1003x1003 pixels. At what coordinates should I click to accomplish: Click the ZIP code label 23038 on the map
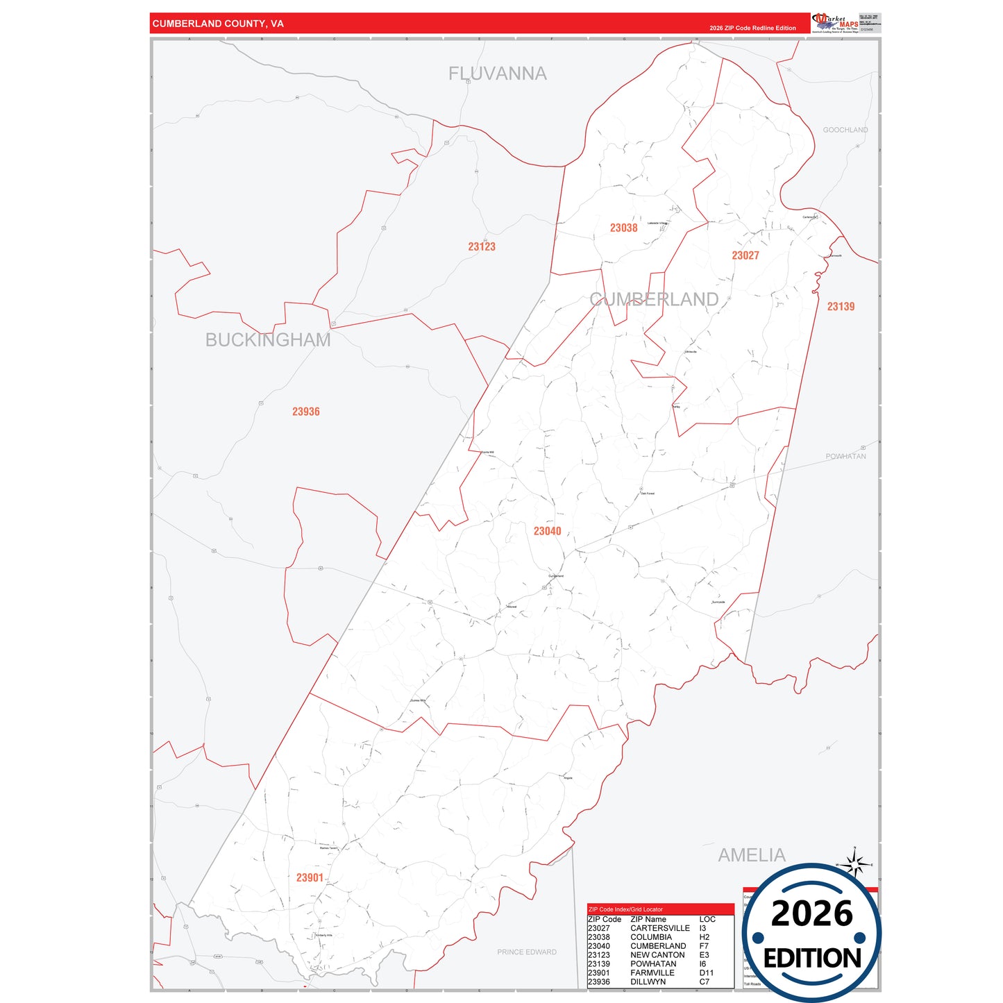pos(623,228)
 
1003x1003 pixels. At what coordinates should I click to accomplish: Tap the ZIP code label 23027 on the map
pos(745,255)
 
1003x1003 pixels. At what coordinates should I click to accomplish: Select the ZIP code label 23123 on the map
pos(481,246)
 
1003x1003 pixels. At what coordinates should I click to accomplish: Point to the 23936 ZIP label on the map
pos(305,412)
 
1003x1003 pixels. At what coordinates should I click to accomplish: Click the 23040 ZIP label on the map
pos(547,531)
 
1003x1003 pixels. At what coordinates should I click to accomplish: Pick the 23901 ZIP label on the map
pos(310,877)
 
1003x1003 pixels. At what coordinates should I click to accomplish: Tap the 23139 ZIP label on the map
pos(841,306)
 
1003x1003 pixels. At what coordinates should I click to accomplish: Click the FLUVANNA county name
pos(497,74)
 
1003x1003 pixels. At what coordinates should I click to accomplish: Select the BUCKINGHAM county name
pos(268,339)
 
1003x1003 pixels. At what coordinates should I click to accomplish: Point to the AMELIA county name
pos(752,854)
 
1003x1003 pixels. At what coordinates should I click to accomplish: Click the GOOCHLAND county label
pos(845,130)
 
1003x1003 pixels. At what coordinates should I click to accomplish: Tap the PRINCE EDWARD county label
pos(526,952)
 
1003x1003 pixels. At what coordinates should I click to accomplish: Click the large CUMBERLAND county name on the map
pos(654,299)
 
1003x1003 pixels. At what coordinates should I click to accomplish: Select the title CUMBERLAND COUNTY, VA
pos(218,24)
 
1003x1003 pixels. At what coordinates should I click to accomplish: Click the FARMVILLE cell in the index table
pos(652,972)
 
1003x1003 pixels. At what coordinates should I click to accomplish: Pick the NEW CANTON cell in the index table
pos(657,954)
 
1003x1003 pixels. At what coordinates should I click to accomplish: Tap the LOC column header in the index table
pos(707,919)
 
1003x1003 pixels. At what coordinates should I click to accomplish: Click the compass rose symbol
pos(855,864)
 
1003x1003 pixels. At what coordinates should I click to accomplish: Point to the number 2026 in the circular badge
pos(811,913)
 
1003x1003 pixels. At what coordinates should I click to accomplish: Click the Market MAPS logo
pos(836,22)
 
